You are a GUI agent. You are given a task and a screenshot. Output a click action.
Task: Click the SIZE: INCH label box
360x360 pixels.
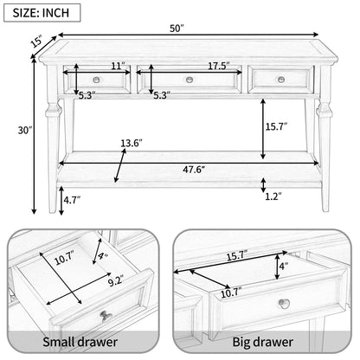(x=42, y=13)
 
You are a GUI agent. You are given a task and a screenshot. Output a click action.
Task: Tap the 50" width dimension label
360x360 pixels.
(x=177, y=29)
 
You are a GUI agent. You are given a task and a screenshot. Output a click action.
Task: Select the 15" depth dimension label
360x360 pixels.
(x=37, y=42)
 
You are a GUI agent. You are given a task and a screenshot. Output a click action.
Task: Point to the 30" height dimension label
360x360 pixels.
(x=25, y=131)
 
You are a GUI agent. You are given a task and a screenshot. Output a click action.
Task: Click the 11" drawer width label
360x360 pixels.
(x=118, y=66)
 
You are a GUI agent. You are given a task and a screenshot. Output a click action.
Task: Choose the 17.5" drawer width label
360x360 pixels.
(x=219, y=66)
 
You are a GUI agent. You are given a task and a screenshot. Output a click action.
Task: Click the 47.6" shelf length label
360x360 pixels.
(x=194, y=170)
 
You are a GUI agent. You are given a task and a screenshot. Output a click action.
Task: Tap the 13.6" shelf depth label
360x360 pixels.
(x=132, y=143)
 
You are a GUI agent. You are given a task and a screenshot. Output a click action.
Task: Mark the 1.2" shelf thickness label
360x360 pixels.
(x=273, y=196)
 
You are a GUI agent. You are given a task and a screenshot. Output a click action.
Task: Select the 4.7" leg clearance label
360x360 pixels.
(x=72, y=200)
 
